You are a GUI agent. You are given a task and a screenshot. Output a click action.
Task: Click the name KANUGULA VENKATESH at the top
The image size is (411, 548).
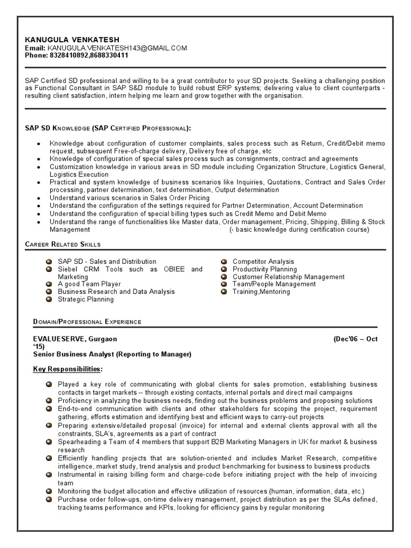tap(72, 40)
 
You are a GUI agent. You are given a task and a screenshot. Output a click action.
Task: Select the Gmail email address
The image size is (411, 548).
tap(117, 48)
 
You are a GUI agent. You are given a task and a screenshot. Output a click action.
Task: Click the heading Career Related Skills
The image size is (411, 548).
tap(63, 245)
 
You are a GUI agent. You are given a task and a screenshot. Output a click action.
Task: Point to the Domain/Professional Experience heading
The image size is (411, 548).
tap(87, 322)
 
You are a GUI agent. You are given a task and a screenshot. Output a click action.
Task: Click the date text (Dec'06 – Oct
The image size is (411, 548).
tap(355, 339)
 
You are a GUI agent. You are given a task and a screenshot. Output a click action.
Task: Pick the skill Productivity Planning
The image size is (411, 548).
tap(264, 269)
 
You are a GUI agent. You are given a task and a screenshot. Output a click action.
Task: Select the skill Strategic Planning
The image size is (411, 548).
tap(86, 299)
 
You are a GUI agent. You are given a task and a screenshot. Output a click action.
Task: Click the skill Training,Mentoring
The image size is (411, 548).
tap(261, 292)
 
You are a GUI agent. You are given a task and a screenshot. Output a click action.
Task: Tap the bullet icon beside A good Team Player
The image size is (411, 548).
tap(49, 284)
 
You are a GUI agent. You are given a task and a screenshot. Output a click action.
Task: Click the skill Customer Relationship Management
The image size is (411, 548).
tap(288, 277)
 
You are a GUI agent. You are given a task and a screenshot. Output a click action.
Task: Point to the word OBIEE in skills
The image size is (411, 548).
tap(173, 269)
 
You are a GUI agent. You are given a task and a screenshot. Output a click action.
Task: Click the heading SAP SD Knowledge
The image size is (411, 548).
tap(107, 128)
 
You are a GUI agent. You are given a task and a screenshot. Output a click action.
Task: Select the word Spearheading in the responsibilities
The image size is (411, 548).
tap(78, 442)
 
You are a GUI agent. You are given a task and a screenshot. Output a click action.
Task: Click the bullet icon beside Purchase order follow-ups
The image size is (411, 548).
tap(49, 499)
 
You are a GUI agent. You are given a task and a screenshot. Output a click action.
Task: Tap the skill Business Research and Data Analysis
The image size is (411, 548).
tap(116, 292)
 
